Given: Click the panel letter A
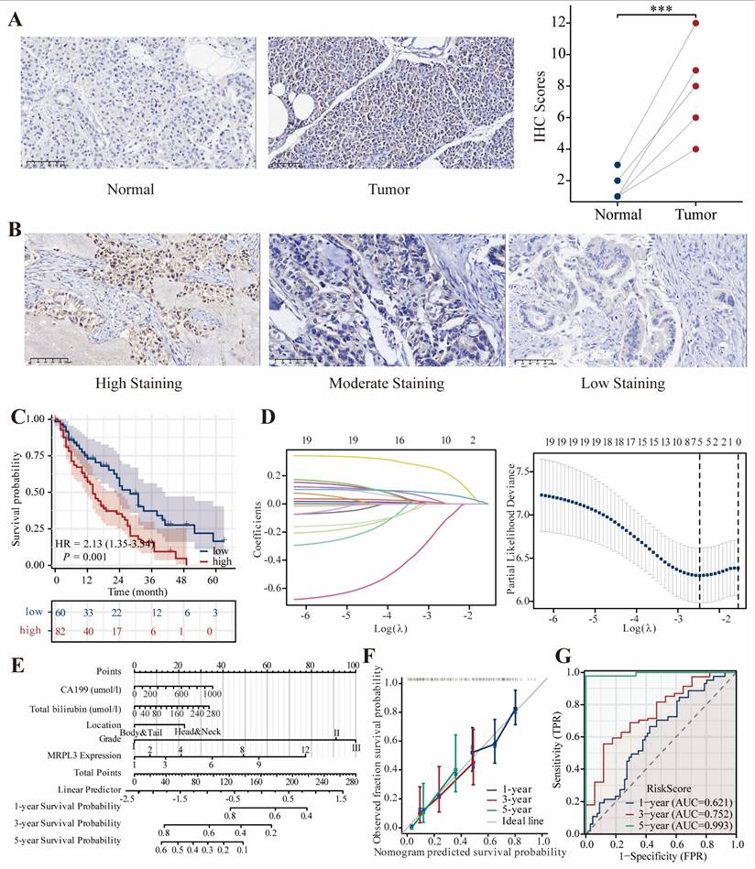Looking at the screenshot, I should tap(16, 19).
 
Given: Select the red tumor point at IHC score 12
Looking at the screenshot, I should tap(696, 23).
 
